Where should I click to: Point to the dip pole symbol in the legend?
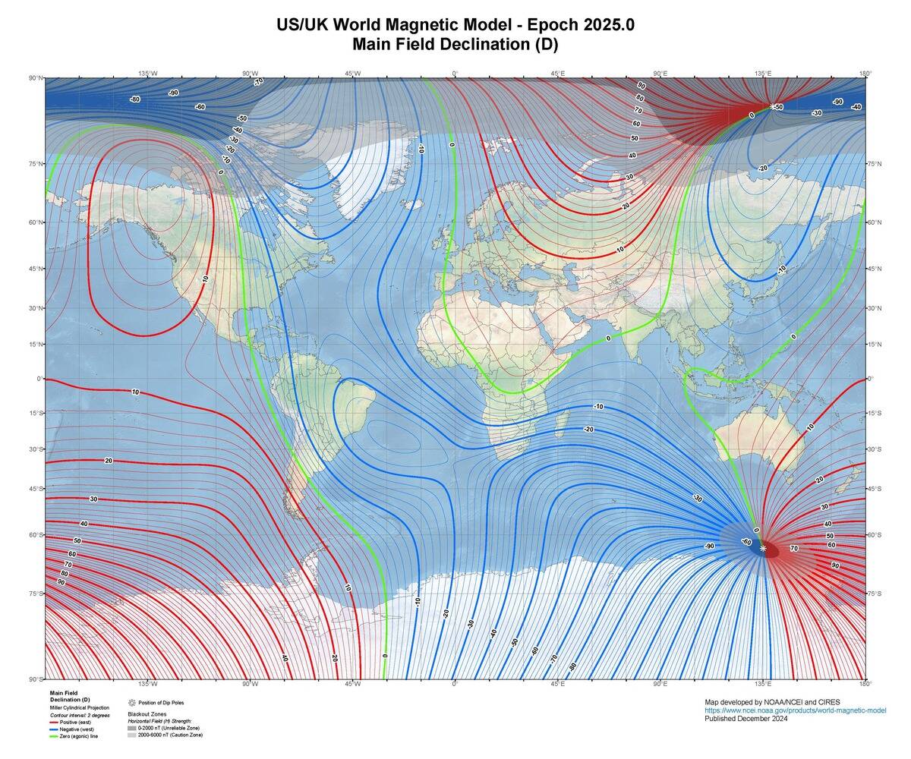(132, 703)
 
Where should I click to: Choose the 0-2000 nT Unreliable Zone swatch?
(132, 728)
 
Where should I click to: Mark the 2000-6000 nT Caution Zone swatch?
(132, 735)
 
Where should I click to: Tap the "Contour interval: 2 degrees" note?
(80, 715)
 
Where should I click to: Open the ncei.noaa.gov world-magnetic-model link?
(795, 710)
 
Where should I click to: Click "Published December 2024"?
(746, 718)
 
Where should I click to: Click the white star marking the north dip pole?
(772, 107)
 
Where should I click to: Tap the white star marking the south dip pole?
(763, 548)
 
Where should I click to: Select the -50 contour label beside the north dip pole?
(779, 107)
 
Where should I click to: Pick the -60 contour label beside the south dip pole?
(746, 542)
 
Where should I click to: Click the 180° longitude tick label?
(865, 74)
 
